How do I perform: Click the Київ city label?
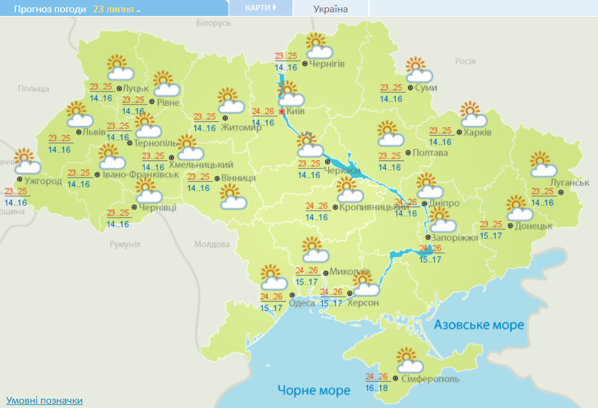[296, 112]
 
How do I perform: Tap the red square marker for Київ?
[282, 112]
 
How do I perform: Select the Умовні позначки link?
[44, 401]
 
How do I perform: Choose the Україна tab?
[330, 9]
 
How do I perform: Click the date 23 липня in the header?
[116, 10]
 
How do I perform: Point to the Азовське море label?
[479, 324]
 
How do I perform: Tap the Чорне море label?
[313, 390]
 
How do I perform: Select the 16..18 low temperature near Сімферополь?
[376, 388]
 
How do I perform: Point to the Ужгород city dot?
[20, 179]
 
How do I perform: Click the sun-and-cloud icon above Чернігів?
[319, 46]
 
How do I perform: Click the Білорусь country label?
[213, 23]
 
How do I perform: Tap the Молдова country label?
[211, 244]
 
